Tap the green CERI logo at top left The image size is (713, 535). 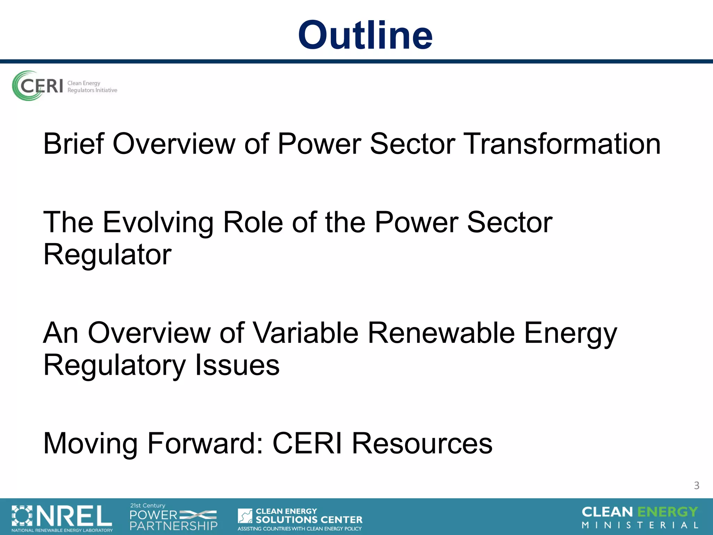click(38, 86)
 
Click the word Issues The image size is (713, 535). click(237, 365)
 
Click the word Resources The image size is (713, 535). click(422, 443)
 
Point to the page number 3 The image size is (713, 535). click(696, 486)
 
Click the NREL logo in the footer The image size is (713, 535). click(62, 516)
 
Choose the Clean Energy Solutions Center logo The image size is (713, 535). click(300, 518)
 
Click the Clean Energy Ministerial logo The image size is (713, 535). click(640, 518)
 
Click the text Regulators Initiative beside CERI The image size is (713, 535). click(92, 90)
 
